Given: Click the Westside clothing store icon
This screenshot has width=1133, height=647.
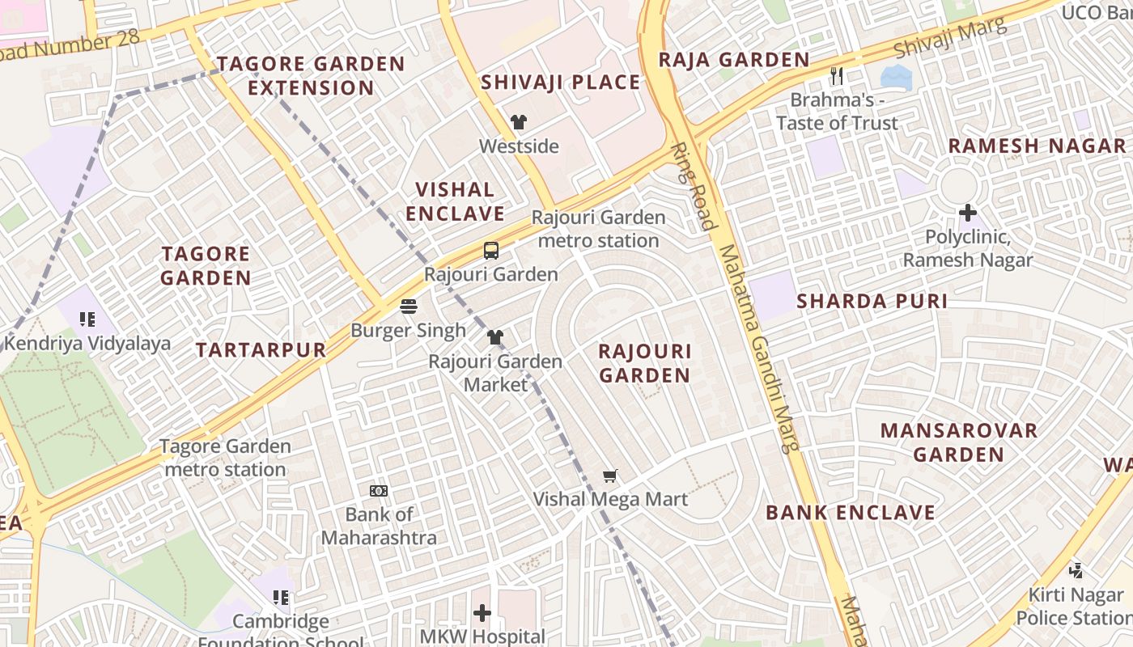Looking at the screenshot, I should [x=519, y=123].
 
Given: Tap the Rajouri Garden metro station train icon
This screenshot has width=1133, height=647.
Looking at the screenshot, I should [x=491, y=251].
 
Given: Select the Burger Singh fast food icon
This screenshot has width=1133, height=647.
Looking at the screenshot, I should [x=409, y=307].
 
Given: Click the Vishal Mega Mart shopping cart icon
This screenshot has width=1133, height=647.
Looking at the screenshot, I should [x=610, y=476].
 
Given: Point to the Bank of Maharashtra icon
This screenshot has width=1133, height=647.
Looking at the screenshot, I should [x=378, y=491].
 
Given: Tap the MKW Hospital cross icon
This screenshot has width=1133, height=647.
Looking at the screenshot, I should [x=482, y=613].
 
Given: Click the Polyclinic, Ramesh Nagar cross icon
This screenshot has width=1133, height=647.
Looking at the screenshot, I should [x=968, y=214].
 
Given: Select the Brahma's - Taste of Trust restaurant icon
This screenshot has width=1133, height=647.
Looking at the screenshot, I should [x=837, y=77].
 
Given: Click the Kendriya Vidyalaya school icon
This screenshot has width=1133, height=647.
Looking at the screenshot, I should [x=87, y=319].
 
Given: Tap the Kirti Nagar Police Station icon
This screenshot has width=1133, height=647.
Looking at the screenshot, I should [x=1076, y=571].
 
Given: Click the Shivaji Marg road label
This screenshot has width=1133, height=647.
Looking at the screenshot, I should [x=950, y=38].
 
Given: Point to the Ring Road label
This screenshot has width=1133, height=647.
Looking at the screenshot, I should [x=694, y=187].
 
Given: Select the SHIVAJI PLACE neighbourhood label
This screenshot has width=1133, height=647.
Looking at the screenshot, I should [x=560, y=82].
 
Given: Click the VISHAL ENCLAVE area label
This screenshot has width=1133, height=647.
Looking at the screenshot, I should [x=455, y=201].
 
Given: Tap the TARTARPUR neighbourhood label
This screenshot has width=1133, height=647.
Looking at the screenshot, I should [x=261, y=350].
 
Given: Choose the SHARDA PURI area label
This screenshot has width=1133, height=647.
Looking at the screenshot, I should [x=872, y=302].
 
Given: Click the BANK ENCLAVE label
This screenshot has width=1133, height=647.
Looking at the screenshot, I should [x=850, y=513].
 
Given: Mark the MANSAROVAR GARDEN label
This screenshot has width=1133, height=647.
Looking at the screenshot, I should [x=959, y=442].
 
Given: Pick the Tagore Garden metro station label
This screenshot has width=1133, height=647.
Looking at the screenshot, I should [x=225, y=458].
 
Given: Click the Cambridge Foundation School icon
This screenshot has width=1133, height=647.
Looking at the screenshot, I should [x=281, y=598].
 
